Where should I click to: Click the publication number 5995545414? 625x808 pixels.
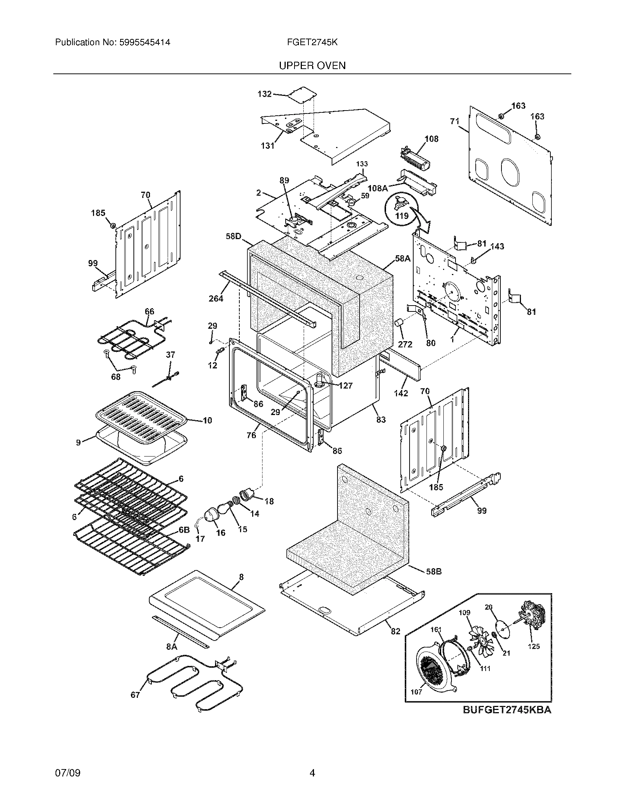click(x=144, y=42)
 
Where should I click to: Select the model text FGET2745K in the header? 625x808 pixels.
click(x=312, y=42)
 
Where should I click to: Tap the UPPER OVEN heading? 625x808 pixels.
click(x=312, y=66)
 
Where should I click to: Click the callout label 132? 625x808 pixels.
click(x=264, y=94)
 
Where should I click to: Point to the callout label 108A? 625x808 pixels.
click(x=378, y=188)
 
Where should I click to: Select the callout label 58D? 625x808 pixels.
click(x=233, y=236)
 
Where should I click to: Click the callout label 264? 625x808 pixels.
click(x=216, y=298)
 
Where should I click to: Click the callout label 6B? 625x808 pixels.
click(x=184, y=530)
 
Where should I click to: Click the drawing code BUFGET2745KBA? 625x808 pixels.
click(x=507, y=710)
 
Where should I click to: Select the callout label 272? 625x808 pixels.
click(x=405, y=344)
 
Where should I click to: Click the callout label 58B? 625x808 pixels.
click(x=433, y=571)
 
